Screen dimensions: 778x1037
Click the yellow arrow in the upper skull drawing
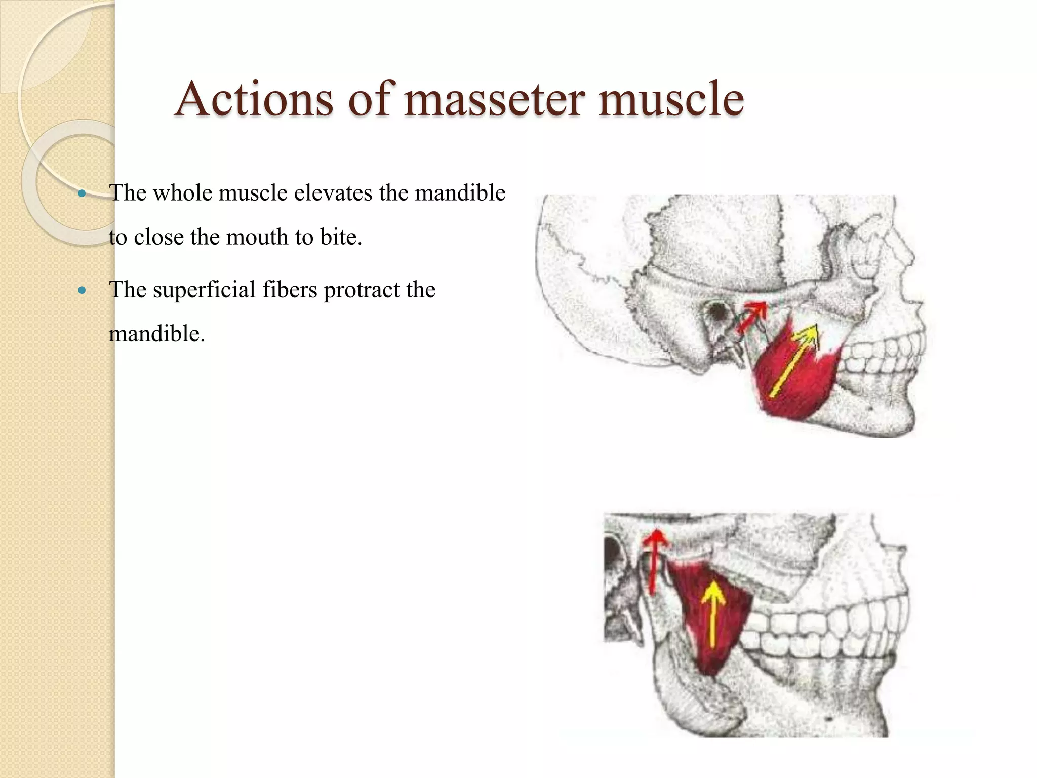(x=794, y=361)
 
